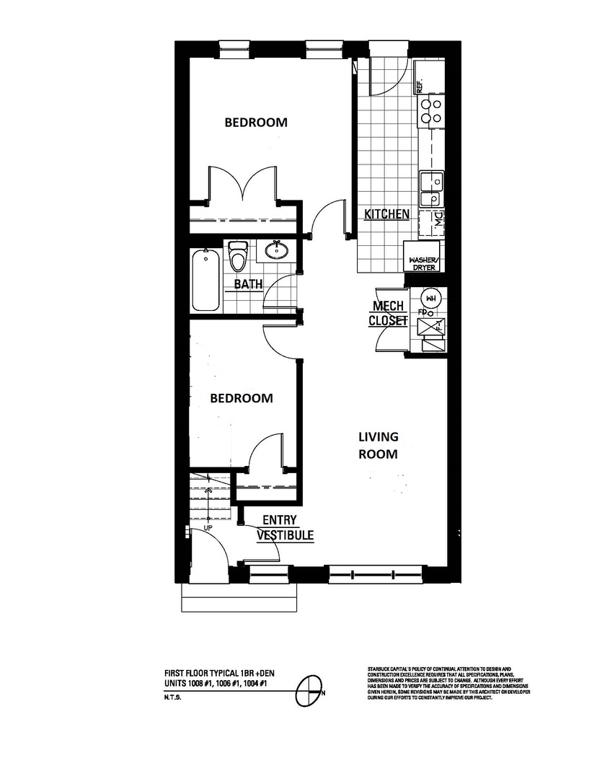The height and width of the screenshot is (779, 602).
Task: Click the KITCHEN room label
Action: [387, 214]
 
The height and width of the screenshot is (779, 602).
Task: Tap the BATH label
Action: [248, 284]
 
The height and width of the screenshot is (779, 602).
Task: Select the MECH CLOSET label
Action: [388, 313]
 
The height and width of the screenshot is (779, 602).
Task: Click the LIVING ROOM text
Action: [379, 445]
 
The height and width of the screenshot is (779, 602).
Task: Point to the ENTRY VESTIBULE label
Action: [285, 527]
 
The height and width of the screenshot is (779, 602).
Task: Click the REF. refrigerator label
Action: [419, 86]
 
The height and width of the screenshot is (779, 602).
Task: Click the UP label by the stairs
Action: [208, 528]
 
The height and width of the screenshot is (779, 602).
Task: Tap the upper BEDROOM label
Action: [256, 122]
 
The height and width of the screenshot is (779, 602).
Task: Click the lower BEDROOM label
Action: [242, 397]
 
